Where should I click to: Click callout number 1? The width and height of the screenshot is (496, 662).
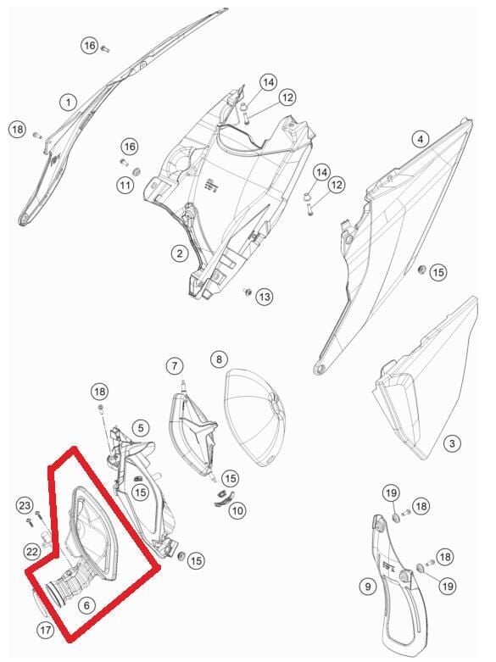[68, 103]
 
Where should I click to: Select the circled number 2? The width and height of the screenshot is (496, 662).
[180, 253]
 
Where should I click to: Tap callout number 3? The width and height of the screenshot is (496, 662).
[452, 443]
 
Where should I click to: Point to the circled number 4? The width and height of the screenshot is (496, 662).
[420, 139]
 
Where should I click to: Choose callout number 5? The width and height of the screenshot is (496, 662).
[141, 428]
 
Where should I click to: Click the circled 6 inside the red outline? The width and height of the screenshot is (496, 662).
[86, 606]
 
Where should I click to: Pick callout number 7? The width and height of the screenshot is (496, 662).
[175, 365]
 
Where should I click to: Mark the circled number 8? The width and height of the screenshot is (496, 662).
[219, 359]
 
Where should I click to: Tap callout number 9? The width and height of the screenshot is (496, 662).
[368, 587]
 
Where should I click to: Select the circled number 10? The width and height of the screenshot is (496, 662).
[237, 511]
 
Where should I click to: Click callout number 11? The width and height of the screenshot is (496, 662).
[125, 185]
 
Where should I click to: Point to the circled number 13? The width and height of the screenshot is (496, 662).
[265, 297]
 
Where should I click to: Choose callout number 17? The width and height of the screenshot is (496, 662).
[46, 631]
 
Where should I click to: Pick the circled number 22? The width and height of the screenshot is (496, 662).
[32, 552]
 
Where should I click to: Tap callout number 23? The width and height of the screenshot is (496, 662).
[25, 505]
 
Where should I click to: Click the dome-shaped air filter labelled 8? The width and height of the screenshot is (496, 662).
[254, 417]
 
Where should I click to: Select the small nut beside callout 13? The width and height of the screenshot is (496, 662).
[248, 292]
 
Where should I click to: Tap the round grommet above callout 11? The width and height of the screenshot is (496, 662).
[137, 171]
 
